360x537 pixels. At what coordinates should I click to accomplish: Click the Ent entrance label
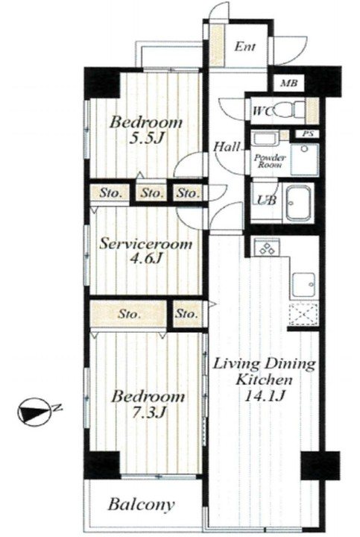tap(244, 46)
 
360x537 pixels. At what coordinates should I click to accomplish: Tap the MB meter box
tap(289, 83)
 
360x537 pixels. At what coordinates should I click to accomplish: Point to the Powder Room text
tap(270, 161)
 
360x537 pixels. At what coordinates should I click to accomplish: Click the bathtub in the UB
tap(299, 202)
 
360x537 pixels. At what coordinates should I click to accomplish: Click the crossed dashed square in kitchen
tap(303, 315)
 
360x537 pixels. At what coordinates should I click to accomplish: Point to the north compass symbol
tap(34, 412)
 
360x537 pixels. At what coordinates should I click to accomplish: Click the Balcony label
tap(141, 504)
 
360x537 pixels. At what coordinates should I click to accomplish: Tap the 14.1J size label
tap(264, 396)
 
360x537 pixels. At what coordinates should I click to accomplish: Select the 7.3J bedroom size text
tap(148, 412)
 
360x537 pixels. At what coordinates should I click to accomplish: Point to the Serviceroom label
tap(146, 245)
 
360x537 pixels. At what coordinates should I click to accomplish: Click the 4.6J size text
tap(145, 258)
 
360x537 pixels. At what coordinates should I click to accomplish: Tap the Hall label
tap(227, 147)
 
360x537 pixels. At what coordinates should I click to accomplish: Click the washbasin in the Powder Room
tap(304, 160)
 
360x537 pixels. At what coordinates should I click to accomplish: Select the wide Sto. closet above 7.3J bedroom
tap(128, 314)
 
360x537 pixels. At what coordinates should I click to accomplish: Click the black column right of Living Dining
tap(320, 465)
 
